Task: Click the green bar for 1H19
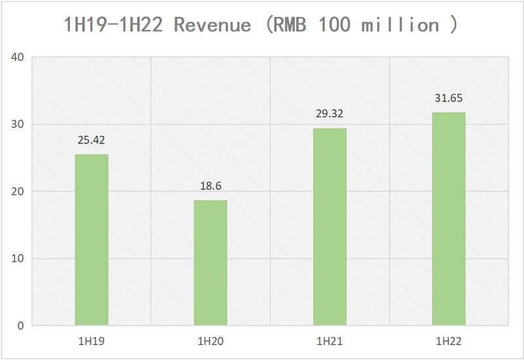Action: (91, 240)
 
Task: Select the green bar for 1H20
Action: (210, 262)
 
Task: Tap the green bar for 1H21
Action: (329, 226)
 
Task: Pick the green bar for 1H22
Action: (449, 219)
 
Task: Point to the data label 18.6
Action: (210, 186)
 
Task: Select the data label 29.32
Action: (329, 114)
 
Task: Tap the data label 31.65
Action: (449, 98)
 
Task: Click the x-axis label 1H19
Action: (91, 342)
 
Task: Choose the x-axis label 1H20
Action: (210, 342)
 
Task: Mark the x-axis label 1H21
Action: (329, 342)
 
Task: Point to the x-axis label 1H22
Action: (449, 342)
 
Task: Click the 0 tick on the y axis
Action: (20, 325)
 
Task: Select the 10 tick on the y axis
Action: (18, 259)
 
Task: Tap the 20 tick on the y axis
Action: (18, 191)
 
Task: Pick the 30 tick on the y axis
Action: (18, 124)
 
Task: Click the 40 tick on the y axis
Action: (18, 57)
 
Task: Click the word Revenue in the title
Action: (216, 25)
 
